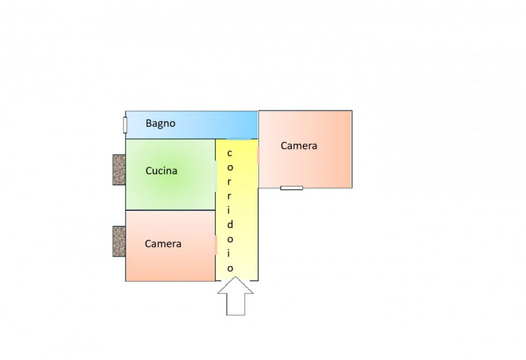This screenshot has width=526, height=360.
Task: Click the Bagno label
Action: tap(160, 123)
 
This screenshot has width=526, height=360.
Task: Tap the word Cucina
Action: tap(161, 171)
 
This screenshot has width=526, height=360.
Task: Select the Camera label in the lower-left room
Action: tap(162, 244)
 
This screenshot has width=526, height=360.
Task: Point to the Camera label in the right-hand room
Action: tap(299, 146)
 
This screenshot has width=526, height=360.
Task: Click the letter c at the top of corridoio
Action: tap(229, 154)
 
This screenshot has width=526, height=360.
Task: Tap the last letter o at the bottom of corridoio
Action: tap(229, 268)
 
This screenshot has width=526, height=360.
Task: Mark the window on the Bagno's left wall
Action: tap(125, 125)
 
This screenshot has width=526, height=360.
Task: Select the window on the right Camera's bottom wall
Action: tap(291, 188)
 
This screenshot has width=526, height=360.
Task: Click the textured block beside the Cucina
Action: tap(118, 170)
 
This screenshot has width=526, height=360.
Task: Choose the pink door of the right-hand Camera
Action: tap(258, 155)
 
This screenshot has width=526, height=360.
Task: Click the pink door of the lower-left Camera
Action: tap(216, 244)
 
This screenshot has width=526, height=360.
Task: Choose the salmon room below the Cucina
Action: tap(171, 263)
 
